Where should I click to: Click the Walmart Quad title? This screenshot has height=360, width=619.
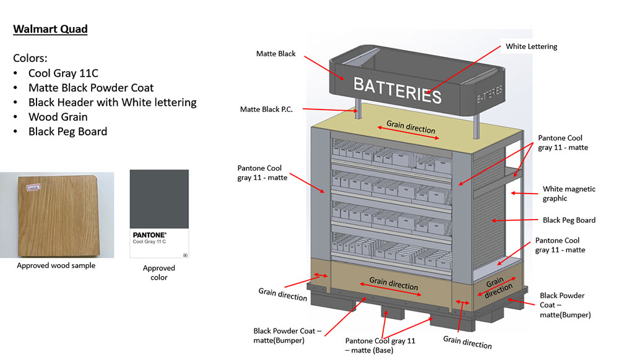[50, 29]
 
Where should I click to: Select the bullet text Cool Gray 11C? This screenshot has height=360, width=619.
[63, 74]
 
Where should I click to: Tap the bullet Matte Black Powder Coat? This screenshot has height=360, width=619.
[91, 88]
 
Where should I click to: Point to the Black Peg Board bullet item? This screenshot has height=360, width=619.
[67, 132]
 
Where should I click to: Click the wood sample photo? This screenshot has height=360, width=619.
[57, 215]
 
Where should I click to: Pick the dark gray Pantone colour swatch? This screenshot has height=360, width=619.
[159, 199]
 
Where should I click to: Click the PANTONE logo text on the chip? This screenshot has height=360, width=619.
[150, 235]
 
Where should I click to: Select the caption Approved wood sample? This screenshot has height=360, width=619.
[56, 265]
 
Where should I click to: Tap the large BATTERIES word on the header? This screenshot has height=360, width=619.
[397, 90]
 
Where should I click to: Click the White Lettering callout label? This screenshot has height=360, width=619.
[531, 46]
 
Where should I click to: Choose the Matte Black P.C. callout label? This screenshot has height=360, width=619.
[266, 109]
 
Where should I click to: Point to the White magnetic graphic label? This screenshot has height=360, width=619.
[569, 194]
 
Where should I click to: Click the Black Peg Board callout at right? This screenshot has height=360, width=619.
[569, 220]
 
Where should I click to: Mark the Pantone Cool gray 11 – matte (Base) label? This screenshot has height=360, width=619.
[380, 345]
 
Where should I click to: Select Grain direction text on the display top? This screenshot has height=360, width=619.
[410, 127]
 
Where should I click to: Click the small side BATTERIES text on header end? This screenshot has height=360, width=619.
[490, 94]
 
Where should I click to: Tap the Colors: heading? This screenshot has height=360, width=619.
[30, 58]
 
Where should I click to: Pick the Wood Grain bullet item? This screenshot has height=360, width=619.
[58, 117]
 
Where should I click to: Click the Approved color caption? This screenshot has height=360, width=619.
[159, 272]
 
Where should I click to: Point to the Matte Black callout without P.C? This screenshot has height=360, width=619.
[275, 54]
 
